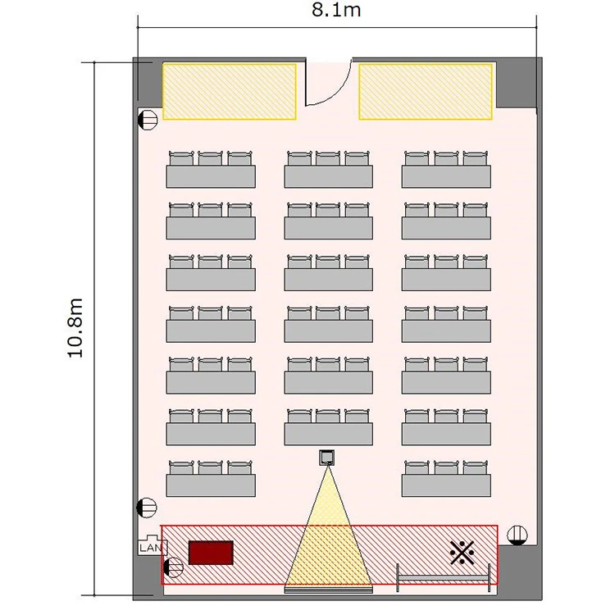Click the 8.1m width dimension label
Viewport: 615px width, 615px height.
[336, 10]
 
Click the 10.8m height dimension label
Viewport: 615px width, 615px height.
[75, 328]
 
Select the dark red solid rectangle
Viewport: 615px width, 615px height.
[211, 553]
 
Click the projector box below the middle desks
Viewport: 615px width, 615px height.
[326, 458]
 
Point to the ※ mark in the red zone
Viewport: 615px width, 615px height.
[462, 553]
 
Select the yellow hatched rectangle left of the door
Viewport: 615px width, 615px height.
[230, 91]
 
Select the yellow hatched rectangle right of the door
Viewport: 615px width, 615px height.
[426, 91]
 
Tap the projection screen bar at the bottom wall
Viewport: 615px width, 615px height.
[328, 590]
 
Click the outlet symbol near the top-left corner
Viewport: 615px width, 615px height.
[148, 120]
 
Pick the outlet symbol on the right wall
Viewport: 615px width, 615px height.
[517, 535]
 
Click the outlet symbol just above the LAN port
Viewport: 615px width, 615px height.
[147, 508]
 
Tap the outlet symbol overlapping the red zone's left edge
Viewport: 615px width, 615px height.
[173, 567]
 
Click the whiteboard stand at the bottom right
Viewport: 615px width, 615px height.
[444, 578]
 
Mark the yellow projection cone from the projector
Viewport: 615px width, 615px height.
[328, 549]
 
